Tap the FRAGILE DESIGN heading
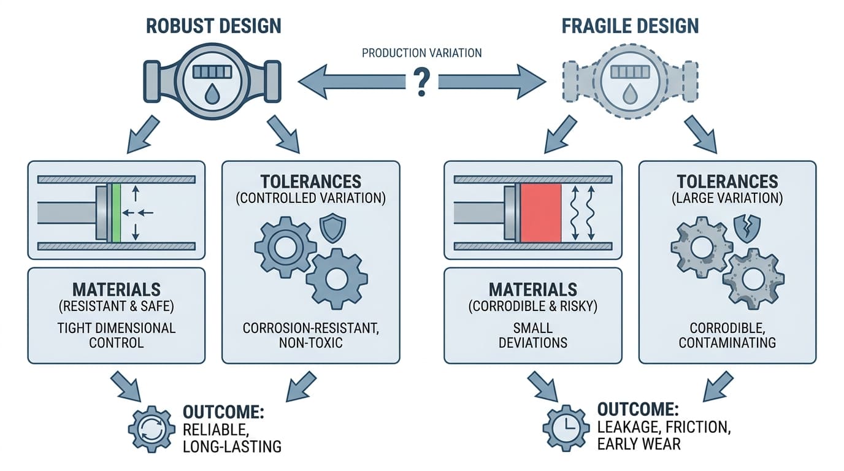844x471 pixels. click(x=630, y=26)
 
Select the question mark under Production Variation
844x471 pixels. click(x=421, y=81)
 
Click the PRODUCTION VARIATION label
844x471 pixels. click(x=421, y=53)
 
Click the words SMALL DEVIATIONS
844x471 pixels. click(x=532, y=335)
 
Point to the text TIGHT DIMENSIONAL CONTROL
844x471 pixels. click(x=116, y=335)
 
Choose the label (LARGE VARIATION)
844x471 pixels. click(x=727, y=198)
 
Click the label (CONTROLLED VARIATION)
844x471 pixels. click(x=310, y=198)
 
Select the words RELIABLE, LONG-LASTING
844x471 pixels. click(x=232, y=437)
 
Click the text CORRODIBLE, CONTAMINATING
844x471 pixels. click(x=727, y=335)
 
